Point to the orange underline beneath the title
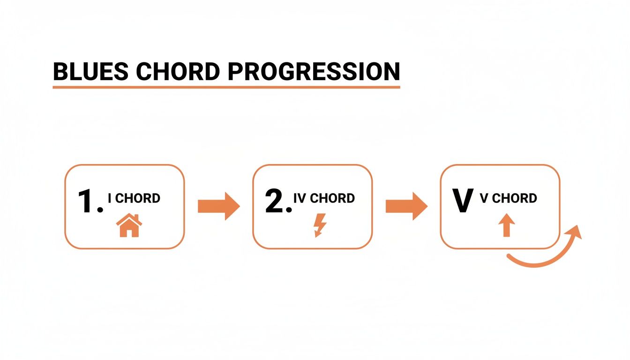tap(226, 87)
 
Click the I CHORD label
tap(134, 198)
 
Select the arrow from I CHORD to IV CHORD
tap(218, 206)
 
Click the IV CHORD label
tap(324, 198)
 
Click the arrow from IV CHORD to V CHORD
tap(406, 206)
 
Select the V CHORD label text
tap(509, 198)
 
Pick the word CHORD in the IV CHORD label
tap(333, 198)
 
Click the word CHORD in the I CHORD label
tap(138, 198)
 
